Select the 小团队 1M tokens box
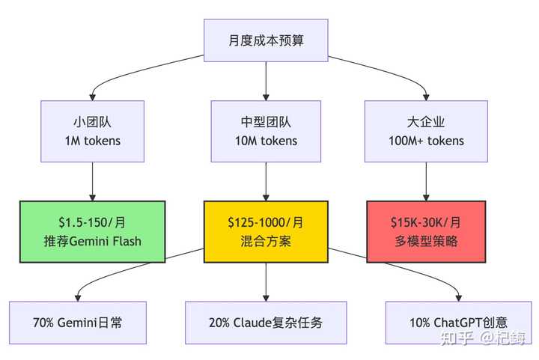pyautogui.click(x=92, y=132)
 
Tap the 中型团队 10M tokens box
pyautogui.click(x=266, y=132)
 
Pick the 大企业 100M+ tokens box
pyautogui.click(x=426, y=132)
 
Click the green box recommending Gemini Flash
pyautogui.click(x=92, y=231)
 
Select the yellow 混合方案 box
pyautogui.click(x=266, y=231)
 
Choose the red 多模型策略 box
pyautogui.click(x=426, y=231)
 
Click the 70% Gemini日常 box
pyautogui.click(x=78, y=323)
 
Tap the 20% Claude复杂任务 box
pyautogui.click(x=266, y=323)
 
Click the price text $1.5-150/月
pyautogui.click(x=92, y=222)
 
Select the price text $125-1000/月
pyautogui.click(x=266, y=222)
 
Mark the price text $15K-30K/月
pyautogui.click(x=426, y=222)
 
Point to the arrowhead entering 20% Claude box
pyautogui.click(x=266, y=297)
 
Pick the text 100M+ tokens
pyautogui.click(x=426, y=141)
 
